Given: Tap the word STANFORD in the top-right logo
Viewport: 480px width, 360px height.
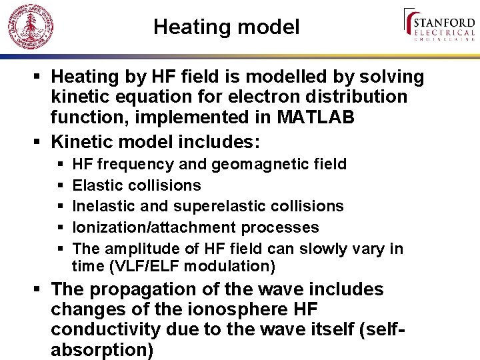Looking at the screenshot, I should [445, 20].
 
